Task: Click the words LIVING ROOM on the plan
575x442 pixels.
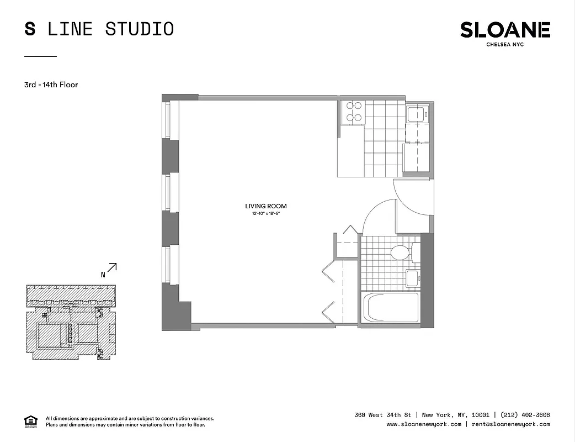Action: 266,206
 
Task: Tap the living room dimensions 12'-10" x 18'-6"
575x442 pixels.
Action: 266,213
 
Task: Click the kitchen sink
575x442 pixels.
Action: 414,114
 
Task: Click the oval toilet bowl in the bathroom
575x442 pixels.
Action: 400,253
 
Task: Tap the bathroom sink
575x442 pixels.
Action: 412,278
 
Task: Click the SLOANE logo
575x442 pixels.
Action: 505,30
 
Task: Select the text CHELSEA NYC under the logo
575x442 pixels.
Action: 505,45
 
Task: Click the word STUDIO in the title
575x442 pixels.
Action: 140,29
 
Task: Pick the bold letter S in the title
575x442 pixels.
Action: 30,29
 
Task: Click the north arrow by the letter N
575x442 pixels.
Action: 112,268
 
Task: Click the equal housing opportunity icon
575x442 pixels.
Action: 30,421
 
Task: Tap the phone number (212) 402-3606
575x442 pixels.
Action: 525,415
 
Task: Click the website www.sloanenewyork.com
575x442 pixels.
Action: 424,424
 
